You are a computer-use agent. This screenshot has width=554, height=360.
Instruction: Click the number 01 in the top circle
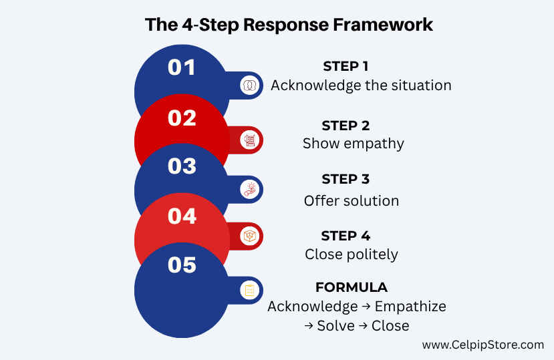(182, 67)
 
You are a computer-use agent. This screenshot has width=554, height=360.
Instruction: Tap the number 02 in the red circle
(182, 118)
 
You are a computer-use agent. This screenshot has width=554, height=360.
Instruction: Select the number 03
(182, 166)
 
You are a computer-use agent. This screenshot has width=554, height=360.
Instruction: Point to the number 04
(182, 216)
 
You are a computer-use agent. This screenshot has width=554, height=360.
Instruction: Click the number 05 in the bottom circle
(182, 264)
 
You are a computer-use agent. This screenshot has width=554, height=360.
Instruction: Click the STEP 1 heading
(345, 66)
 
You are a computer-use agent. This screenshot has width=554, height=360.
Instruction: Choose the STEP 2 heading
(345, 126)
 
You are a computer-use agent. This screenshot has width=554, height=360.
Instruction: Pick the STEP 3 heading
(345, 179)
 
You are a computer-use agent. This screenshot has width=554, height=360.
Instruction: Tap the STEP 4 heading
(345, 236)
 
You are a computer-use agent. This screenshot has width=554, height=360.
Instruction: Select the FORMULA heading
(352, 287)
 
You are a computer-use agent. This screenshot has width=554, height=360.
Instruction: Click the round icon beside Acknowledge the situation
(249, 85)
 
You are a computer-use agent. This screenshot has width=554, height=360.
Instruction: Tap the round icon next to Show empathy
(249, 140)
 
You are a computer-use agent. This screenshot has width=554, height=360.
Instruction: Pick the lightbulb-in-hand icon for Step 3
(249, 190)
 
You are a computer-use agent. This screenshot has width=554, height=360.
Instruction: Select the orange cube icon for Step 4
(249, 236)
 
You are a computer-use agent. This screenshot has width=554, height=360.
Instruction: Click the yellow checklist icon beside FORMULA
(249, 291)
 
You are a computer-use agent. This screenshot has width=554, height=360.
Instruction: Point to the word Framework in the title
(383, 25)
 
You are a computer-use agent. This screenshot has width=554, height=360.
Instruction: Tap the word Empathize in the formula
(410, 307)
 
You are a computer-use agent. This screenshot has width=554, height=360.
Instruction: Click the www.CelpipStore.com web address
(483, 345)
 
